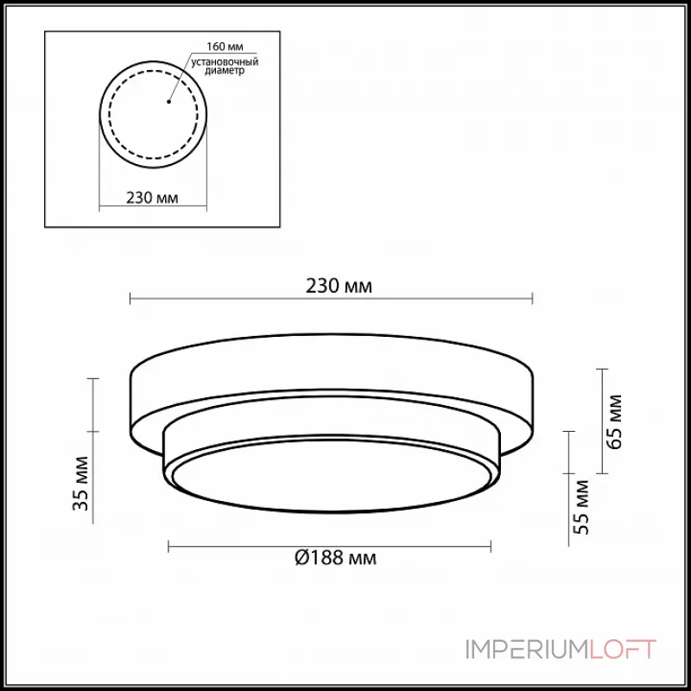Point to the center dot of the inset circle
click(x=169, y=103)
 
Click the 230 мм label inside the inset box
click(x=152, y=198)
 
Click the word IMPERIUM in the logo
click(x=526, y=650)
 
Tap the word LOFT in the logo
click(x=622, y=650)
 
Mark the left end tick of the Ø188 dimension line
click(x=168, y=546)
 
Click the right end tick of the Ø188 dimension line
click(x=491, y=546)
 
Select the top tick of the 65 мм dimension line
click(x=602, y=369)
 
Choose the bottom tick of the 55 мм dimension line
click(x=568, y=546)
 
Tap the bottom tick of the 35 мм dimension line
click(x=94, y=524)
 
